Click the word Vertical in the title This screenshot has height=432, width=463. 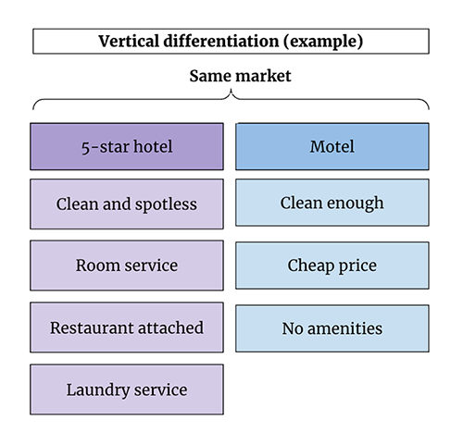click(x=129, y=41)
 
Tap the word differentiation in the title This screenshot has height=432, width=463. click(x=221, y=41)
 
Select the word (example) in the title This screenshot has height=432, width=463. click(x=323, y=42)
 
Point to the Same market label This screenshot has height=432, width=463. click(x=240, y=76)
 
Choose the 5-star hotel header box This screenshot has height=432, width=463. click(x=127, y=146)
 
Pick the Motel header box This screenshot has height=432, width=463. click(x=332, y=146)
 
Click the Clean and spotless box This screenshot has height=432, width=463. click(x=127, y=204)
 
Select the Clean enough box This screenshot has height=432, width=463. click(x=332, y=203)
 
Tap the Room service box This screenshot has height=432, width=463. click(x=127, y=265)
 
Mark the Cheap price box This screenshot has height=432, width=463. click(x=332, y=265)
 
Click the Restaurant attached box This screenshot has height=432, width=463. click(x=127, y=327)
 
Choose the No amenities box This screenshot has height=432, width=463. click(x=332, y=328)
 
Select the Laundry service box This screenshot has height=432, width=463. click(x=127, y=389)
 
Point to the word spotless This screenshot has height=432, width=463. click(x=166, y=205)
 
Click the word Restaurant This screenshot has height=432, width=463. click(x=92, y=327)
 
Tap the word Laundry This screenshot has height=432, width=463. click(x=98, y=390)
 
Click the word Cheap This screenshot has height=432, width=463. click(x=311, y=266)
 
